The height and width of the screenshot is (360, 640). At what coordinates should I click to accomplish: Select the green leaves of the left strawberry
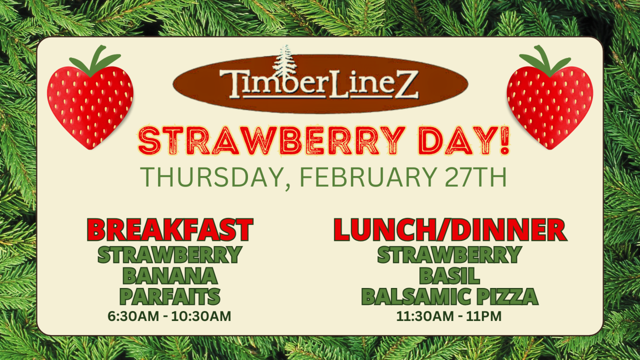pos(95,60)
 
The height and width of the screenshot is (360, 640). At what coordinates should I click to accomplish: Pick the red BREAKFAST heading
pos(170,229)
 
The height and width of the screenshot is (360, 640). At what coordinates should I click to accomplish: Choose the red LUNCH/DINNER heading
pos(449,229)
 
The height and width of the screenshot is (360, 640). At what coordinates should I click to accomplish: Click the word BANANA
pos(170,275)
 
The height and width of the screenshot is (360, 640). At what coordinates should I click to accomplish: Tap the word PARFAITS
pos(170,296)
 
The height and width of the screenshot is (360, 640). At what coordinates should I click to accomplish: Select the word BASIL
pos(449,275)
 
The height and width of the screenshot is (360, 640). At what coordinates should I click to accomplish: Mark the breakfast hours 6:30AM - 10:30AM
pos(169,316)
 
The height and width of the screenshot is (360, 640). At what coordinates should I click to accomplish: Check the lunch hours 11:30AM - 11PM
pos(449,316)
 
